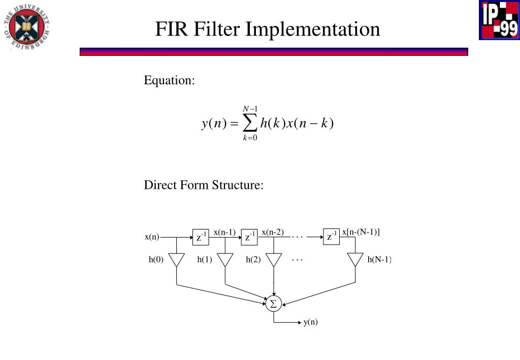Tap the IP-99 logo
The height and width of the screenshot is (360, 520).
click(498, 20)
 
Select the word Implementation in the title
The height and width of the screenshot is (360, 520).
click(313, 29)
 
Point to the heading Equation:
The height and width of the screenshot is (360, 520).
click(170, 80)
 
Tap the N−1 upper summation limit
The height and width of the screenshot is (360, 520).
click(250, 109)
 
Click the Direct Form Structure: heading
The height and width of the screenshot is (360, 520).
click(204, 185)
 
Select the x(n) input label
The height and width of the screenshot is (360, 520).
click(152, 237)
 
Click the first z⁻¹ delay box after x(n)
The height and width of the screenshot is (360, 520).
click(201, 237)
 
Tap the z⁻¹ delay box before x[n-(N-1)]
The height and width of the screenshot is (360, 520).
click(331, 237)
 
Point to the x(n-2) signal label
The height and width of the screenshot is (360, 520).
click(273, 233)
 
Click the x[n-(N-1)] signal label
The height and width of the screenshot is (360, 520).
click(361, 232)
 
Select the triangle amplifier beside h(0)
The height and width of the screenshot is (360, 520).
click(176, 260)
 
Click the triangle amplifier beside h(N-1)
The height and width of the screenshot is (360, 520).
click(355, 260)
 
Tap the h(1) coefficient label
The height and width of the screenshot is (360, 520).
click(205, 260)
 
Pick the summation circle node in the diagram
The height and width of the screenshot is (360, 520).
click(273, 304)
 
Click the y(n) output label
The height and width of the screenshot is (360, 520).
click(311, 322)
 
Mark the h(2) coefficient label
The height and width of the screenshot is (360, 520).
click(253, 260)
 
